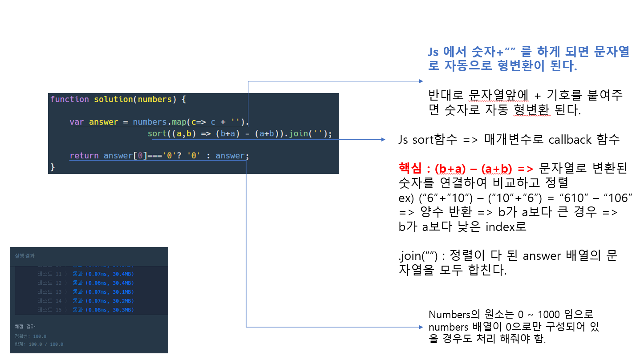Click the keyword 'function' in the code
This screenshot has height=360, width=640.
click(x=69, y=99)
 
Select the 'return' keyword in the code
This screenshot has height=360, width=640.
click(x=84, y=156)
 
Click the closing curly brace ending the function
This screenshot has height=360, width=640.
click(x=53, y=167)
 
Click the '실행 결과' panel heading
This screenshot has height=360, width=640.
click(x=24, y=256)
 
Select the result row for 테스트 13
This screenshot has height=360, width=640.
click(x=85, y=292)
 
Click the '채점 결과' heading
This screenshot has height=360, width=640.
click(x=24, y=327)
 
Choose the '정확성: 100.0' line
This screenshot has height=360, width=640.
click(x=31, y=336)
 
